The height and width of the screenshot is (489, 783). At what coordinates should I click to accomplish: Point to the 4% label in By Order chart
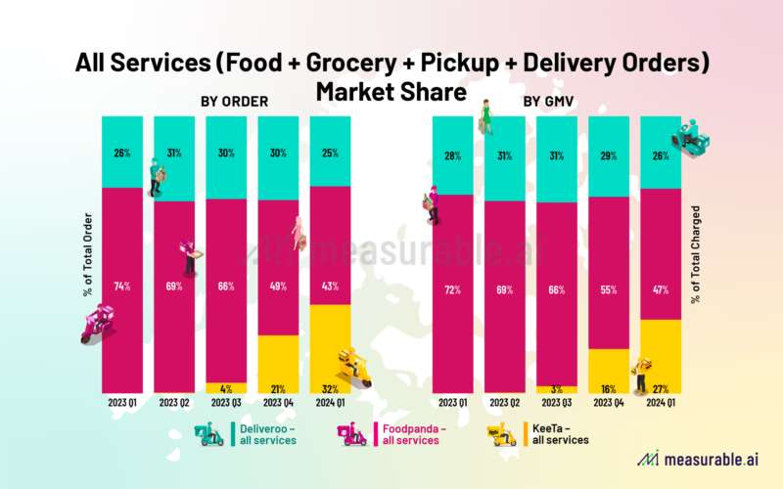pyautogui.click(x=227, y=388)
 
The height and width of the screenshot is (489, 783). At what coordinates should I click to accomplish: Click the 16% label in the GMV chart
pyautogui.click(x=608, y=388)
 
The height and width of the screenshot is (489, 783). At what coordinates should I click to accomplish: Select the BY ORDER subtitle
pyautogui.click(x=234, y=101)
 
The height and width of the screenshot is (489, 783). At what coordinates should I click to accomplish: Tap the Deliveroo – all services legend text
pyautogui.click(x=267, y=433)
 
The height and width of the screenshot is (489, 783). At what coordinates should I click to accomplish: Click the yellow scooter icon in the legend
pyautogui.click(x=501, y=433)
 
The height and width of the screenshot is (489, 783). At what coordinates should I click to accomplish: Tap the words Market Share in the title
pyautogui.click(x=391, y=93)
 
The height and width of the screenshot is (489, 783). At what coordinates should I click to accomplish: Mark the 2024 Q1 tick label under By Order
pyautogui.click(x=329, y=402)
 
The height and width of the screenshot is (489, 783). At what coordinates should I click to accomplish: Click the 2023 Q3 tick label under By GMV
pyautogui.click(x=556, y=402)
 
